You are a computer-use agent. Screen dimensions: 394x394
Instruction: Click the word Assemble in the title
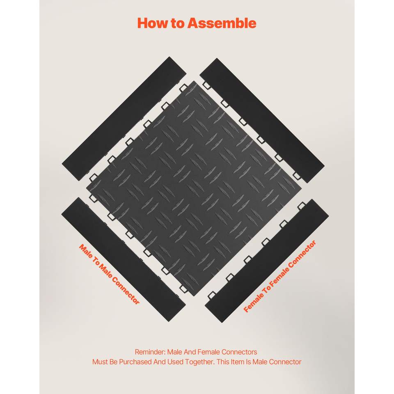[x=222, y=23]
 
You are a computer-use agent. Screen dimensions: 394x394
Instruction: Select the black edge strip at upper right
[x=262, y=121]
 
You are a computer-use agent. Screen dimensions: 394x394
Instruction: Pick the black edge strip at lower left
[x=124, y=259]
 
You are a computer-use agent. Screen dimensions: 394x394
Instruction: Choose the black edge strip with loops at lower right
[x=267, y=261]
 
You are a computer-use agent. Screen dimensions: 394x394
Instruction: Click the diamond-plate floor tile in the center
[x=194, y=188]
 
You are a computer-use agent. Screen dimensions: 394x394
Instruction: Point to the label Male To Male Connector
[x=109, y=274]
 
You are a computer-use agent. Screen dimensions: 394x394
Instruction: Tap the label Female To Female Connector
[x=279, y=276]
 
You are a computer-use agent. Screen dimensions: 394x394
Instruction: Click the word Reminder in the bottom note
[x=150, y=352]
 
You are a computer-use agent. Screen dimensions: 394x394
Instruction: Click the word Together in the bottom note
[x=200, y=362]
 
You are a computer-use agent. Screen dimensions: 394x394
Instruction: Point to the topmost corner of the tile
[x=194, y=81]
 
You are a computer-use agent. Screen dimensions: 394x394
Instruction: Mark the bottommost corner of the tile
[x=193, y=296]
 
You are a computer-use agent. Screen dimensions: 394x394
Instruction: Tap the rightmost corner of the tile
[x=302, y=188]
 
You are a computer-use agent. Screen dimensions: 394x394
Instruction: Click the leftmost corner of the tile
[x=86, y=188]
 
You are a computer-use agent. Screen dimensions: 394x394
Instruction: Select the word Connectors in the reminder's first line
[x=239, y=352]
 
